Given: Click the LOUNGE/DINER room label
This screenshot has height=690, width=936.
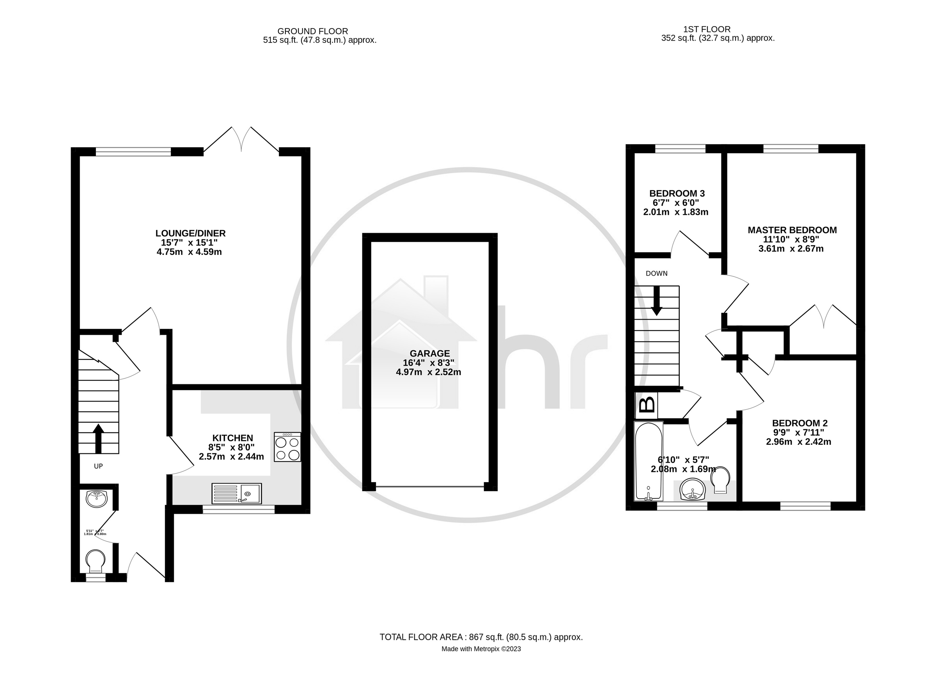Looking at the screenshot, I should click(191, 233).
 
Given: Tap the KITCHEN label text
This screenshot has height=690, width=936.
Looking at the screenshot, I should click(233, 438).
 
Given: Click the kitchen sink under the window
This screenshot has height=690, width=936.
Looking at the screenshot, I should click(236, 493).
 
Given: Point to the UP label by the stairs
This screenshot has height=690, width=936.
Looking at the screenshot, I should click(98, 466).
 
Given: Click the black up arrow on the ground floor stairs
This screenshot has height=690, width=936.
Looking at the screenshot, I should click(98, 438).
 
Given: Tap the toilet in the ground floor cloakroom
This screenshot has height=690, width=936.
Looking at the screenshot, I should click(95, 561).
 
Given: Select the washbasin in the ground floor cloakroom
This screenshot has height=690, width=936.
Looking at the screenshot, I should click(97, 498).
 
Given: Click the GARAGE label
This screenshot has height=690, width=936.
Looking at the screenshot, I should click(429, 353).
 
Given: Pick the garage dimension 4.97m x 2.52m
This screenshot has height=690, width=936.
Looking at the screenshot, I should click(428, 372).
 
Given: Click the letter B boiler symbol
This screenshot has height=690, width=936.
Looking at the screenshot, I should click(647, 405).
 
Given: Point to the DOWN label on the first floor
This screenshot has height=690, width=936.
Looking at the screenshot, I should click(656, 274).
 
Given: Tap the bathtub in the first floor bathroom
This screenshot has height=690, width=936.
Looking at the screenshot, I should click(648, 461).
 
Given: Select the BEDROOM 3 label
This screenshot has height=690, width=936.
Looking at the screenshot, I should click(677, 193).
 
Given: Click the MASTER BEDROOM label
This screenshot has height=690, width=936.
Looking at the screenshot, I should click(792, 230).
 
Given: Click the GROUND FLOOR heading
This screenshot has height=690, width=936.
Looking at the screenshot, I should click(312, 31).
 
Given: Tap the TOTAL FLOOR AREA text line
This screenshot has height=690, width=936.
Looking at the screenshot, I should click(481, 637).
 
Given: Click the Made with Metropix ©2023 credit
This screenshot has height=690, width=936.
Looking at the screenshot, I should click(481, 649).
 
